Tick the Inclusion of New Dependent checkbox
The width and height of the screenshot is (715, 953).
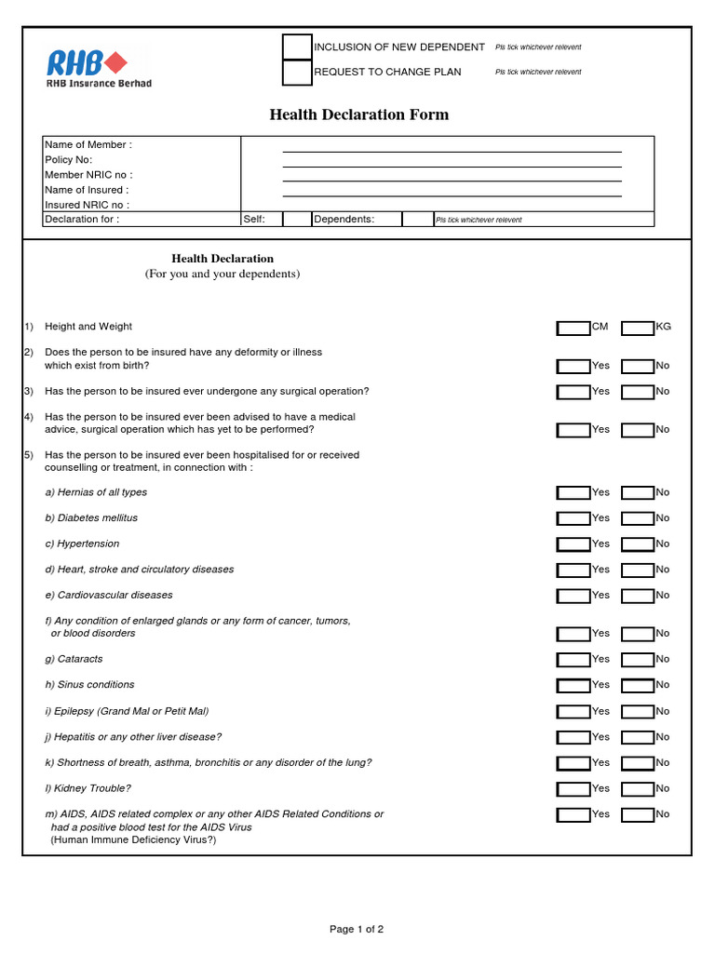click(297, 47)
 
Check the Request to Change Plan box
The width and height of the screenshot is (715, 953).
click(297, 72)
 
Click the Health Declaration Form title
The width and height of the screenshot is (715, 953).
click(358, 114)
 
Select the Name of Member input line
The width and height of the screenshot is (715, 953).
click(452, 145)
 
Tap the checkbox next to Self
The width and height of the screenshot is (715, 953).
click(297, 220)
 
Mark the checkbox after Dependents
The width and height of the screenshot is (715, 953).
click(415, 220)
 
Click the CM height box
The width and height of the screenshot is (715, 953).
click(573, 328)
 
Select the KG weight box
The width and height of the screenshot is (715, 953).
click(638, 328)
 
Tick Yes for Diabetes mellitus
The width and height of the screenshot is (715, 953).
click(573, 518)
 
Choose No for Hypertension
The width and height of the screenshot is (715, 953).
click(638, 544)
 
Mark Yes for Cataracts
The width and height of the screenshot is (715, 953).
click(573, 660)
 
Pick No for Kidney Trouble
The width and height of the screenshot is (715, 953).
click(638, 789)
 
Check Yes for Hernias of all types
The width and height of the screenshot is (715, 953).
click(573, 493)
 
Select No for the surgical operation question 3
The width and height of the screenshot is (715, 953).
click(638, 392)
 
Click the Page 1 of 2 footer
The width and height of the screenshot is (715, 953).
click(357, 929)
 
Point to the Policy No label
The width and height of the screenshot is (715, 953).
click(69, 160)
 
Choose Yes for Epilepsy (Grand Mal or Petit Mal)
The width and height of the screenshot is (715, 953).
click(573, 712)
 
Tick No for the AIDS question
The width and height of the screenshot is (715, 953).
click(638, 815)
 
